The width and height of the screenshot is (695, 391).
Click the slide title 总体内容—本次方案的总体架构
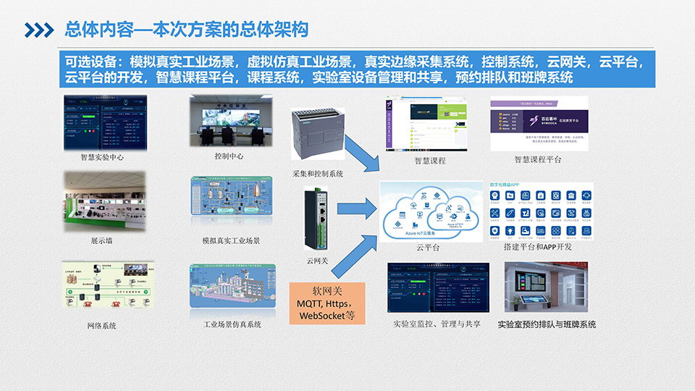186,30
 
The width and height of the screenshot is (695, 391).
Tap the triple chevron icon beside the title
39,30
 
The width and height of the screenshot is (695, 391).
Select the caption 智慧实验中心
104,156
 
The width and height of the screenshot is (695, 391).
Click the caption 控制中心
229,156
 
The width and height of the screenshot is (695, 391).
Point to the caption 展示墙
102,240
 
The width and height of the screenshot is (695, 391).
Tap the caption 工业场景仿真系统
232,324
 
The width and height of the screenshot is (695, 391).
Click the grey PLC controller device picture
321,135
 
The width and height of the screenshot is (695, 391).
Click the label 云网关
318,261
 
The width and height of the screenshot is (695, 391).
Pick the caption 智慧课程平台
537,159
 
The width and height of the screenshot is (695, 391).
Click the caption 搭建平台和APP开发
537,248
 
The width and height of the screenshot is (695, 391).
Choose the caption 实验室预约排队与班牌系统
547,324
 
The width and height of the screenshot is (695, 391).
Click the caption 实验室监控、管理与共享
437,324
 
